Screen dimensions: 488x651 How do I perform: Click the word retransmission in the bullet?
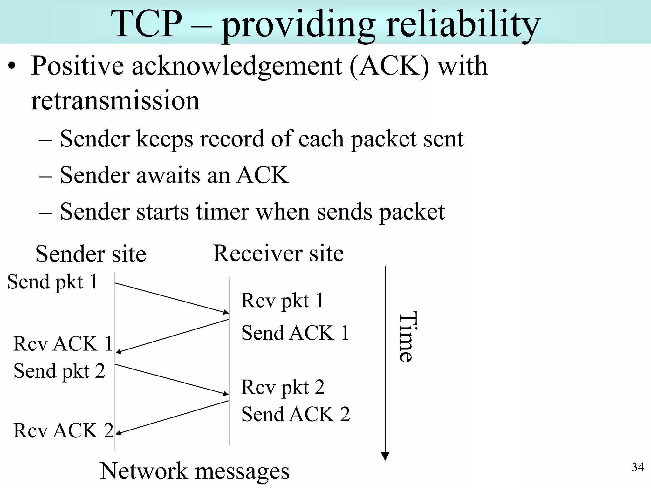tap(115, 101)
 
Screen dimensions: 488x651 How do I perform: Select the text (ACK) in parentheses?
tap(389, 66)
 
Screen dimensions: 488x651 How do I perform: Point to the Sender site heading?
tap(91, 254)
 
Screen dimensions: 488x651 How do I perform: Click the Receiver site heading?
tap(278, 254)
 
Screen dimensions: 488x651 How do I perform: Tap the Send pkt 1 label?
tap(52, 282)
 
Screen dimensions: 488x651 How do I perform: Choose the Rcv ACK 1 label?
tap(63, 344)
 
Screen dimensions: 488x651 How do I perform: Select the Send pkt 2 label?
tap(59, 371)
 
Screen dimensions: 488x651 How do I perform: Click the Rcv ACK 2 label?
tap(63, 430)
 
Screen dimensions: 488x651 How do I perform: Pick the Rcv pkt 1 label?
tap(282, 300)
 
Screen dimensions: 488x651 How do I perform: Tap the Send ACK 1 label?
tap(295, 333)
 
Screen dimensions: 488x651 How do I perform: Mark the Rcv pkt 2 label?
tap(283, 387)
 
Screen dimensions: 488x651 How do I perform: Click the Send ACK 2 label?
tap(296, 414)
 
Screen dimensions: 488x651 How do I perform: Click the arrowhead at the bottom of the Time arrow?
tap(385, 456)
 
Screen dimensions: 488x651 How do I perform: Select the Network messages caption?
tap(195, 471)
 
